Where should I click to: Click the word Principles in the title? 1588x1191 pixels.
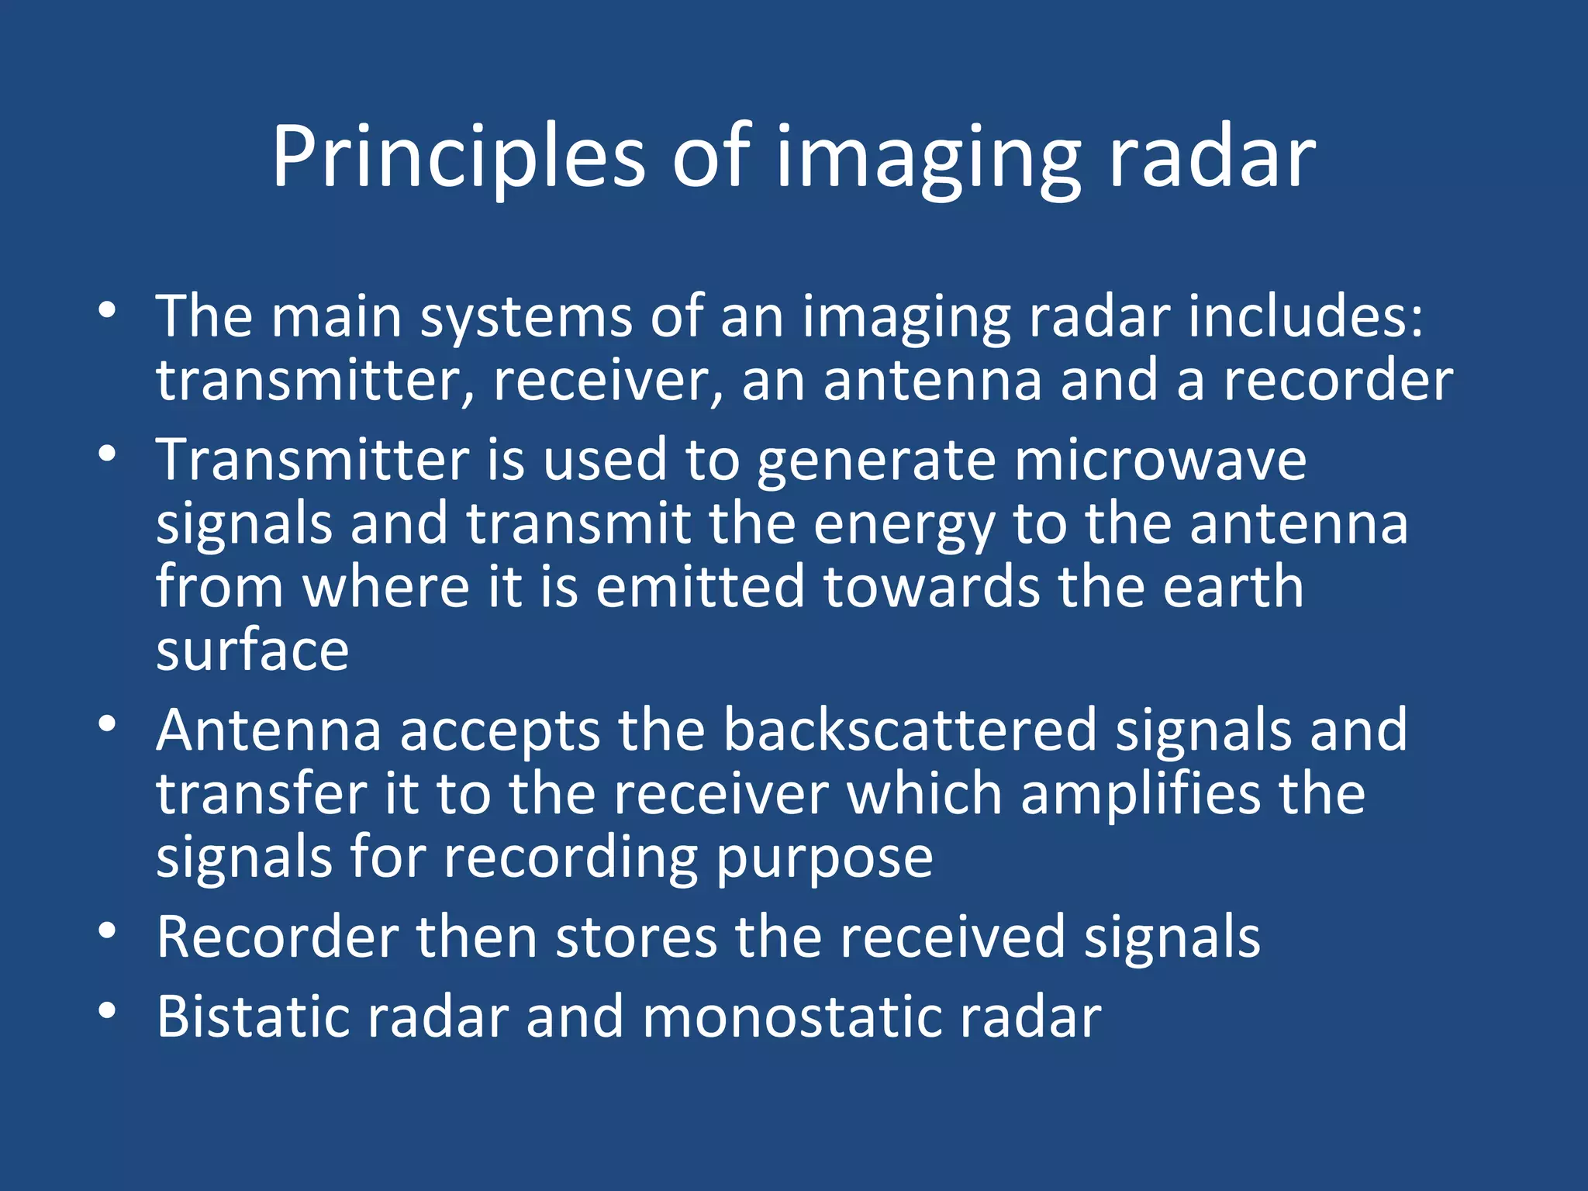tap(457, 159)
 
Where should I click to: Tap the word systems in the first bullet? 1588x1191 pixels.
tap(526, 318)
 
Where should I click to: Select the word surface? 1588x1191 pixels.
tap(252, 651)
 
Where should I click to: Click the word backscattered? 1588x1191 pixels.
tap(910, 730)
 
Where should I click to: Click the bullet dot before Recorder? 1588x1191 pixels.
tap(107, 930)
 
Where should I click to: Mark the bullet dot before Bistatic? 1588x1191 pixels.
tap(107, 1010)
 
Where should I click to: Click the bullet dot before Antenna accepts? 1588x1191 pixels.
tap(107, 723)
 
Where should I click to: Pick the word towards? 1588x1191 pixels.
tap(930, 587)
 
